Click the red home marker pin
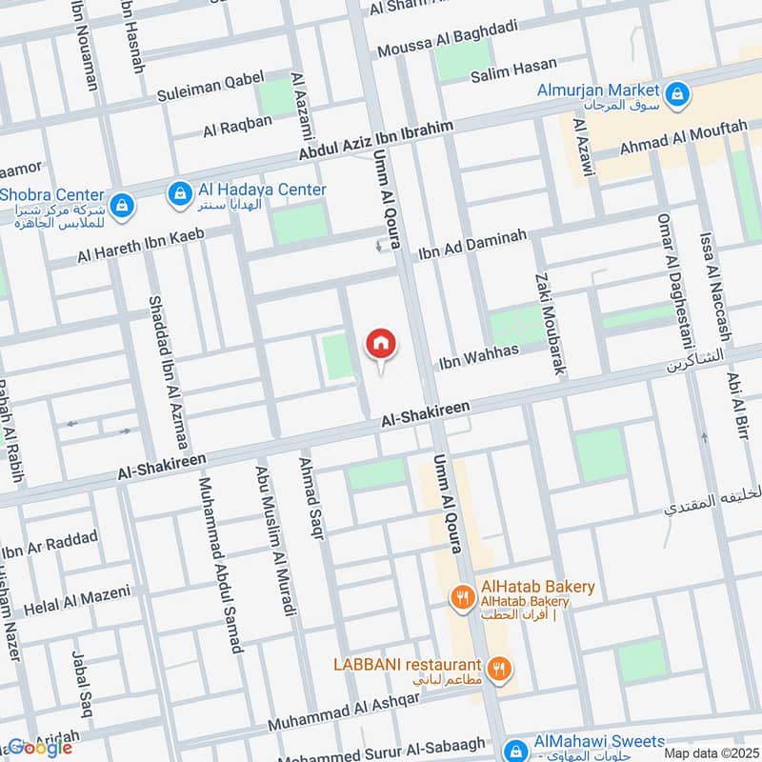(x=381, y=344)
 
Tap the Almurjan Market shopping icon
(x=677, y=93)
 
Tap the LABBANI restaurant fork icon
(x=496, y=668)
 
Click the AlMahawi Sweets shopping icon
(x=515, y=749)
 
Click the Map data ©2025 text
(x=711, y=753)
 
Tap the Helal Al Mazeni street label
(x=79, y=600)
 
